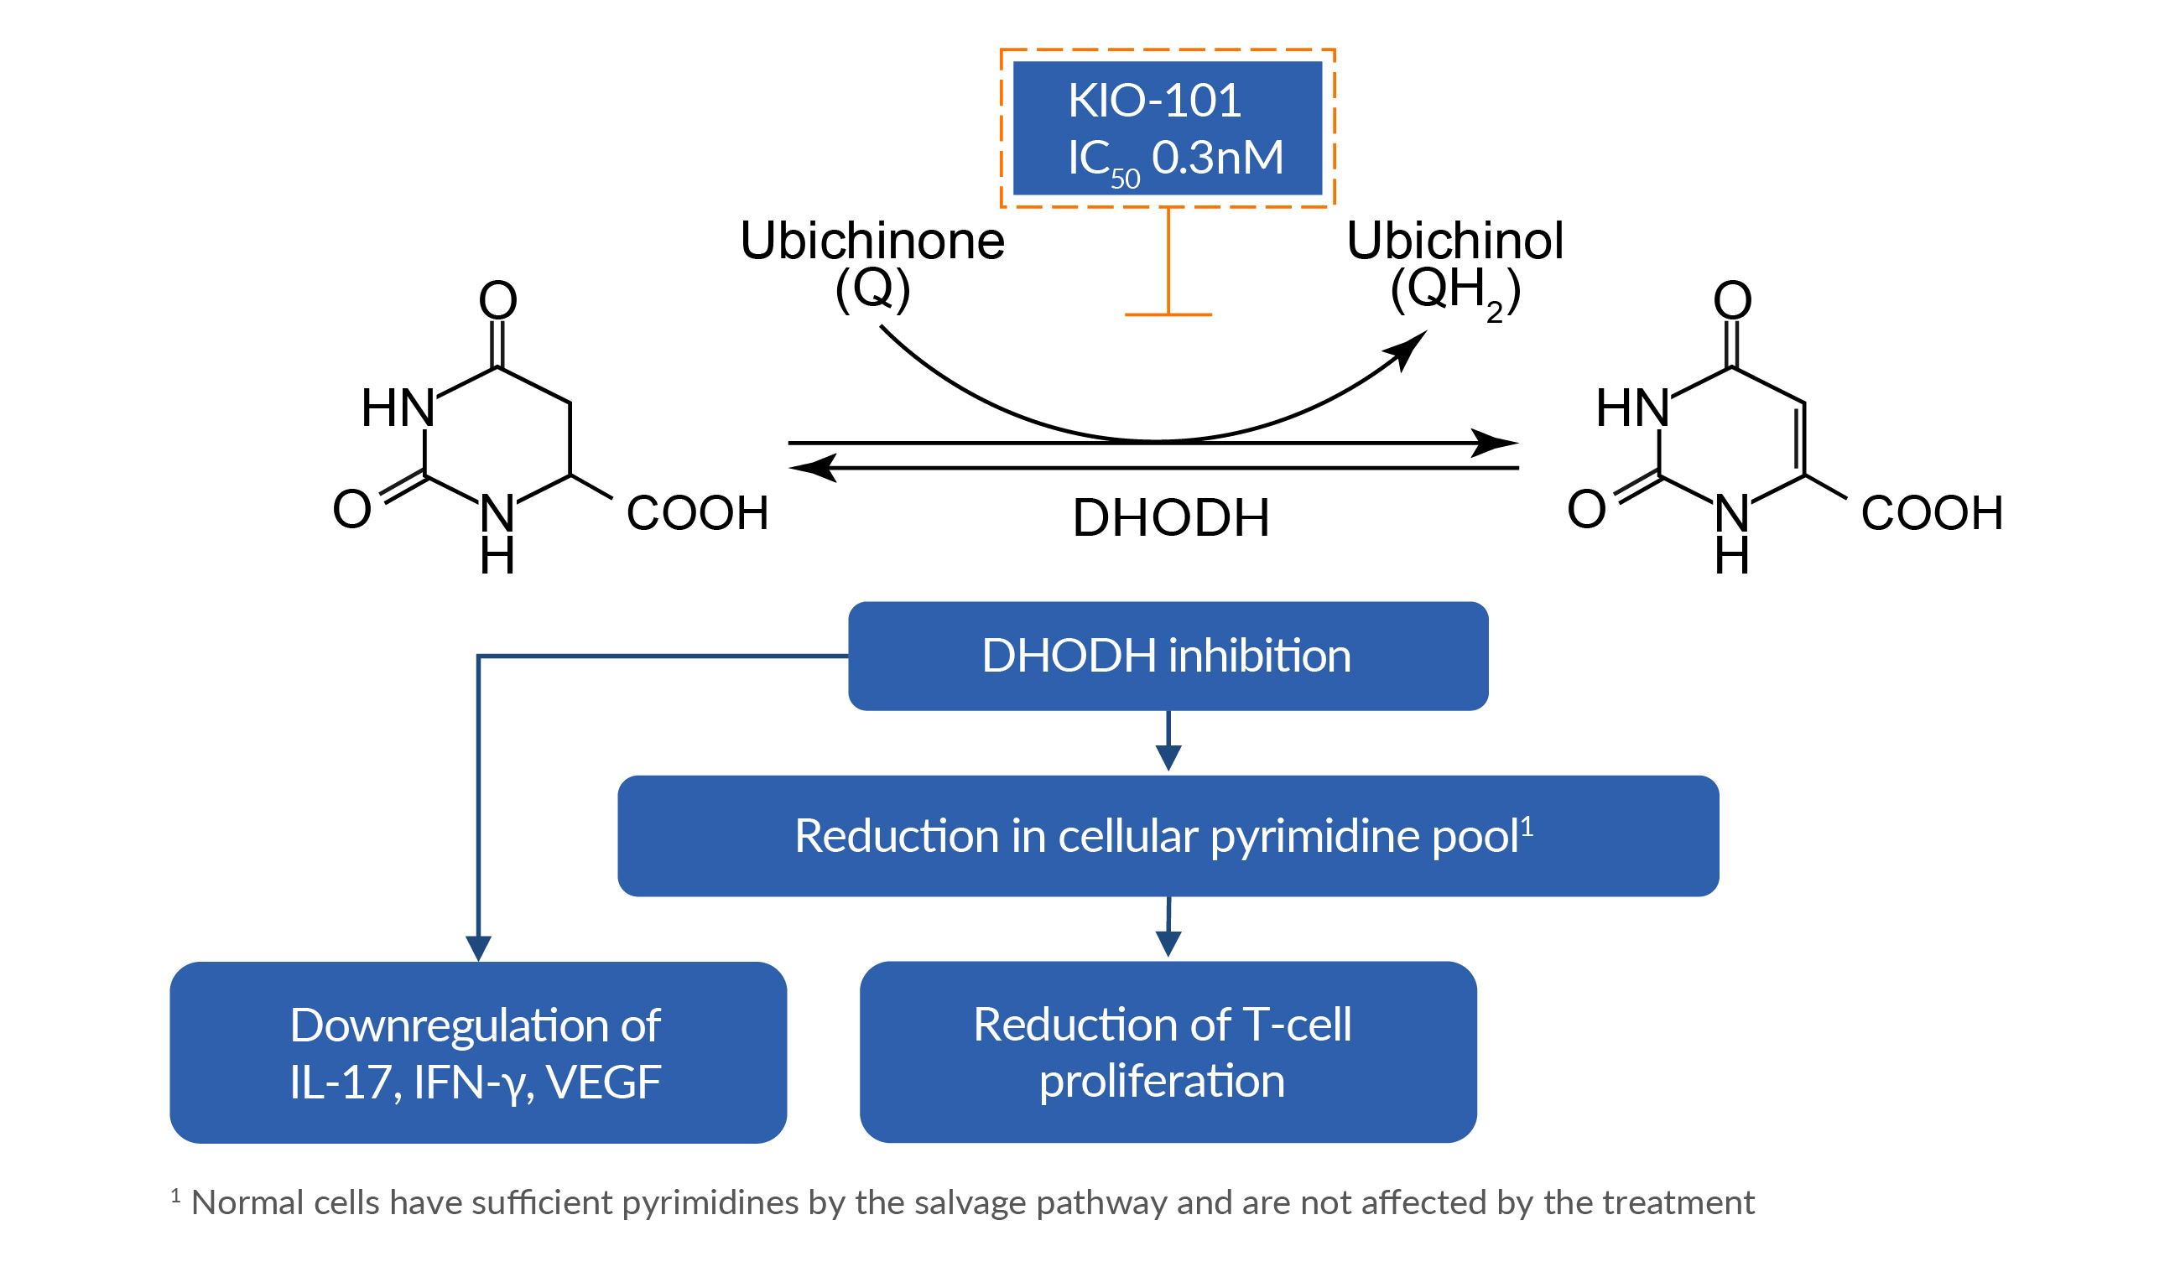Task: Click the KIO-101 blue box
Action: (x=1167, y=127)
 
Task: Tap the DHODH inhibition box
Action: (x=1167, y=656)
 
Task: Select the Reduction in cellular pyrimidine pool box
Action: (x=1167, y=836)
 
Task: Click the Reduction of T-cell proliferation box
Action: (x=1167, y=1052)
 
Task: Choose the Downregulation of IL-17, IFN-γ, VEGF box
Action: (x=477, y=1053)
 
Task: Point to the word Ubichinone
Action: (x=872, y=241)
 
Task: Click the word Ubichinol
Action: (x=1454, y=241)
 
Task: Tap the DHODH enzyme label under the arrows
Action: (x=1170, y=518)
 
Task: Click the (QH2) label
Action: (x=1454, y=290)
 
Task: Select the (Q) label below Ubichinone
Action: (x=872, y=288)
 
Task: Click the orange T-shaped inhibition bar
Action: (x=1168, y=314)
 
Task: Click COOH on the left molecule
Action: (x=696, y=512)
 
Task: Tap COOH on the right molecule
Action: (x=1931, y=512)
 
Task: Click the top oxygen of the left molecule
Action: (x=498, y=300)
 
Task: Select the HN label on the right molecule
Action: (x=1631, y=408)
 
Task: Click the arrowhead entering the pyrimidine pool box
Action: (x=1168, y=758)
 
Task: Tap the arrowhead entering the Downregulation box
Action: (x=478, y=948)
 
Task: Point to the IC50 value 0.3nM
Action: (x=1217, y=158)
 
